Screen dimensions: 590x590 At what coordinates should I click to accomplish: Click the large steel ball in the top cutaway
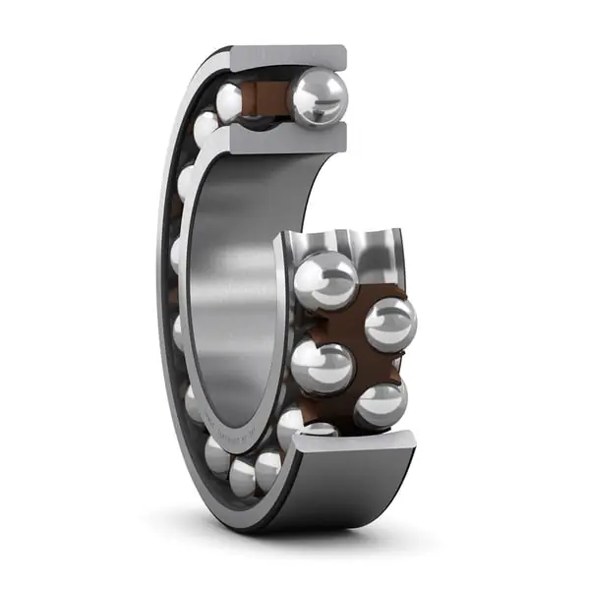tap(318, 97)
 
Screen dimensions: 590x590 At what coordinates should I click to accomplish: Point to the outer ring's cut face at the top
tap(287, 58)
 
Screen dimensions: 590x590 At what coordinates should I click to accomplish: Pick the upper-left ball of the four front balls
tap(325, 280)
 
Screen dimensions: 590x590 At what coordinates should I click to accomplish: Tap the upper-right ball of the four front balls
tap(390, 323)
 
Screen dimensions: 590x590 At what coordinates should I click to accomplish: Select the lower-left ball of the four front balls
tap(322, 366)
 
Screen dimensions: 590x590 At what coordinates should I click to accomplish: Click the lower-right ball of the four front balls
tap(381, 403)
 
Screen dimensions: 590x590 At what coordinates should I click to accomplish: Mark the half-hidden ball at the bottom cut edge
tap(318, 430)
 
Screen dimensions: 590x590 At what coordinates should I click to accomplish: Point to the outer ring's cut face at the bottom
tap(354, 444)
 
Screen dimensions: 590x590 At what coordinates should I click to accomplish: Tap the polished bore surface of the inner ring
tap(228, 295)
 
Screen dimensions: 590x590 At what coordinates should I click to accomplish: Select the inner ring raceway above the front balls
tap(344, 246)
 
